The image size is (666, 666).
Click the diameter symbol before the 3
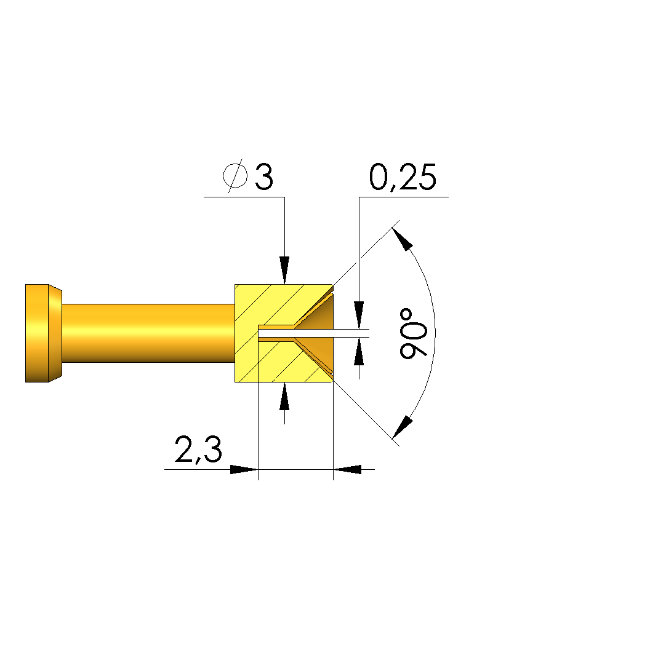click(236, 175)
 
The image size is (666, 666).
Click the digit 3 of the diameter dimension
click(264, 176)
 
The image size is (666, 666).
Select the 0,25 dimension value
click(403, 177)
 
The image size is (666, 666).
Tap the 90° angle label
click(413, 333)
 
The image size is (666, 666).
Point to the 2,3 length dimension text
click(198, 450)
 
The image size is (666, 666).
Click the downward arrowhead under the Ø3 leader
click(284, 270)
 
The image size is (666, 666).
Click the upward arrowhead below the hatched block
click(284, 396)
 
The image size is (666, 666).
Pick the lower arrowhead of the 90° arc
click(402, 427)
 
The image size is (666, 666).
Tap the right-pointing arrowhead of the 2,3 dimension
click(244, 469)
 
